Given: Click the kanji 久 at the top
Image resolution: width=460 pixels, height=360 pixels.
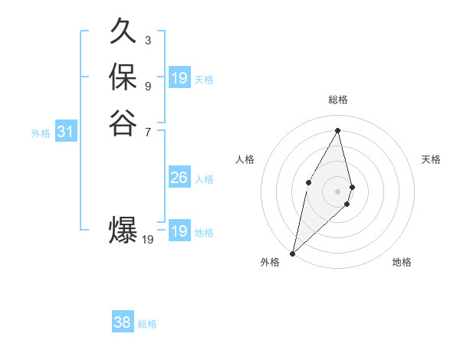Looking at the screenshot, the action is coord(123,34).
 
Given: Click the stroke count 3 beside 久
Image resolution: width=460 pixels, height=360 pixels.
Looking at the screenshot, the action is coord(147,40).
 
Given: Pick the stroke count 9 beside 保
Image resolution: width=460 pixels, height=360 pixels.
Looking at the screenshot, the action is coord(147,85).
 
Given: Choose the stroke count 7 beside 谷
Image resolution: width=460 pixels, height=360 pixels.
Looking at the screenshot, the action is coord(147,131).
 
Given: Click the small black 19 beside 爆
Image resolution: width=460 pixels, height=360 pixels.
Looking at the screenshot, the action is coord(148,240).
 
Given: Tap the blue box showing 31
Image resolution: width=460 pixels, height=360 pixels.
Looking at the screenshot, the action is coord(65,133).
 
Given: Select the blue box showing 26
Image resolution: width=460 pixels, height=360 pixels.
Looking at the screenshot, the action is coord(179,178).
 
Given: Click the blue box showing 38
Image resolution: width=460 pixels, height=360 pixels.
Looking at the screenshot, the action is coord(122,322).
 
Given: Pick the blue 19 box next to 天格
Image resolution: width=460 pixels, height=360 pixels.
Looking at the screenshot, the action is coord(179,78).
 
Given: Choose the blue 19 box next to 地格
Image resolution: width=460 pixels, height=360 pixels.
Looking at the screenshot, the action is coord(179,231).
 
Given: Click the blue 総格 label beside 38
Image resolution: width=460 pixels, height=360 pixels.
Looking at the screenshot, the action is coord(147,324).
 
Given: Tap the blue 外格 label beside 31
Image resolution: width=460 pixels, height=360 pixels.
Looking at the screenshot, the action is coord(41,133).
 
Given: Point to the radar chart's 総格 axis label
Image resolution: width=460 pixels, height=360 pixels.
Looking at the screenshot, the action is coord(338,100).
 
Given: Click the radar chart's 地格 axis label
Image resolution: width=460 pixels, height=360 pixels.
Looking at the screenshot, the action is coord(402,262).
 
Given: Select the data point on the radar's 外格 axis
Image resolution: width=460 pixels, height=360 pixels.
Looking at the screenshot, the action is coord(292,253).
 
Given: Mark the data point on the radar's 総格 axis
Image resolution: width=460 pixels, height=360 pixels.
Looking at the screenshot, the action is coord(338,130).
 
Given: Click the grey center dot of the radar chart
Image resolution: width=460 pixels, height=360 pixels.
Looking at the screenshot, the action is coord(338,191).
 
